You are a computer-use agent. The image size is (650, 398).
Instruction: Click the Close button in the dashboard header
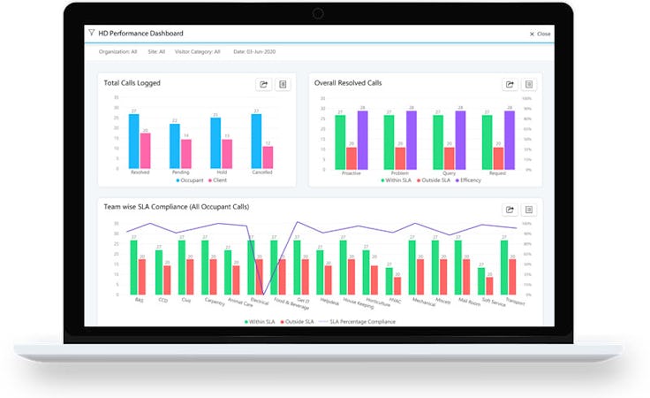tap(540, 34)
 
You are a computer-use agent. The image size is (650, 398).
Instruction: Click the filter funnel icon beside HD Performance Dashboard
tap(91, 33)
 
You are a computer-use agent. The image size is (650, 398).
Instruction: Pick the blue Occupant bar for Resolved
tap(133, 141)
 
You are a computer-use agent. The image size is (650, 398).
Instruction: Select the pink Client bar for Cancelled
tap(268, 156)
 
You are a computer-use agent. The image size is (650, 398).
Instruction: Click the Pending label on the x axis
tap(180, 172)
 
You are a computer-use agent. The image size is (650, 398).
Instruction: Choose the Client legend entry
tap(224, 180)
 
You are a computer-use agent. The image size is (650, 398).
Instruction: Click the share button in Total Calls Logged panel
tap(263, 84)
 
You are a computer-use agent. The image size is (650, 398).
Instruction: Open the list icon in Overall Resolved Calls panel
tap(529, 84)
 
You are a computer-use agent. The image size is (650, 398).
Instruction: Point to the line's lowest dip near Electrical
tap(264, 293)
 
